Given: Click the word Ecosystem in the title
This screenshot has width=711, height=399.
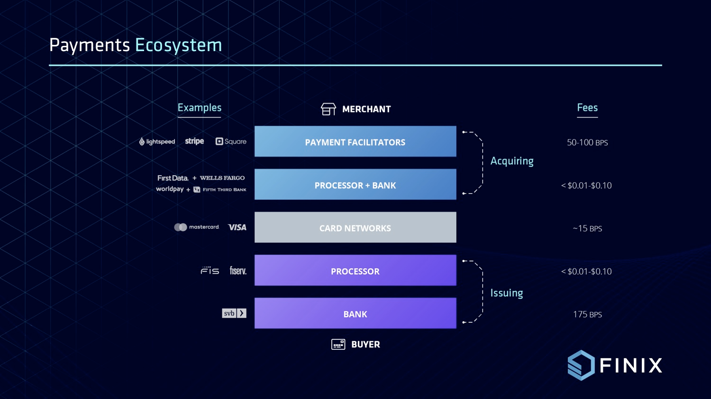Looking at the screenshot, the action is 178,45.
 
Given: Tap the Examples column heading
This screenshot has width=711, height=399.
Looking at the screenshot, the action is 200,108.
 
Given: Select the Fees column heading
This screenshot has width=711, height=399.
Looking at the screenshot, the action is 587,108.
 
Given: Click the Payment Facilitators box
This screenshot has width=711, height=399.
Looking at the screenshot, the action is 355,142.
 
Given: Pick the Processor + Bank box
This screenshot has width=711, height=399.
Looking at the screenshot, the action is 355,185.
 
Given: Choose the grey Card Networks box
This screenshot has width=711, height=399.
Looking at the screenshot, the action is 355,227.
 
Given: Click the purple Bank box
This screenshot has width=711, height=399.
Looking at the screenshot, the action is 355,313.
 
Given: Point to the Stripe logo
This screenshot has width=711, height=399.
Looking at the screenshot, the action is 194,142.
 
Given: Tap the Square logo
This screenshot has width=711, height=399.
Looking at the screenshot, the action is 231,142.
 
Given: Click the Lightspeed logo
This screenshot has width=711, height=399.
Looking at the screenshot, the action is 157,142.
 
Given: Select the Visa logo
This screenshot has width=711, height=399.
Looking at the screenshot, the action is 237,227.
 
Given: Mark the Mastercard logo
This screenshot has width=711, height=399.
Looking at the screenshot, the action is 197,227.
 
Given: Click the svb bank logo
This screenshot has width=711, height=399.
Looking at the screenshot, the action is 234,313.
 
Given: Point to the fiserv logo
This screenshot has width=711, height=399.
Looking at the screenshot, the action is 238,271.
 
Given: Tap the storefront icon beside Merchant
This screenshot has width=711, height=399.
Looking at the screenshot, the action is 328,109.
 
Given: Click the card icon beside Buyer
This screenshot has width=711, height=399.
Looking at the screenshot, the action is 338,344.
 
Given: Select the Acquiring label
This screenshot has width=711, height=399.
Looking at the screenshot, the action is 512,161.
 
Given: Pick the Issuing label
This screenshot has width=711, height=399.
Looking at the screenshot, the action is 507,293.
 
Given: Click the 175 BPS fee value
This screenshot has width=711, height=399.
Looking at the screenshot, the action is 588,314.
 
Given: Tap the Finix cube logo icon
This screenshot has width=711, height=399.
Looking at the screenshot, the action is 581,365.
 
